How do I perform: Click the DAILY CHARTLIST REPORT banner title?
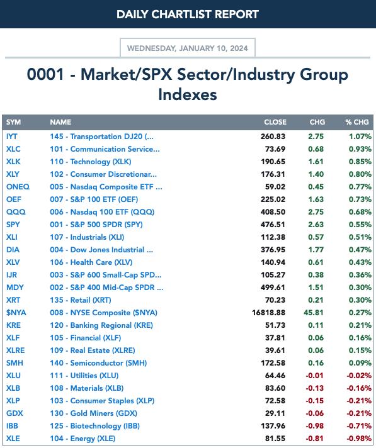188,14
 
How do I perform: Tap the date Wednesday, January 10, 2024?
188,48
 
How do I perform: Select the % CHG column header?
357,122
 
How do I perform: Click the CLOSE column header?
275,122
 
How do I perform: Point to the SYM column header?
13,122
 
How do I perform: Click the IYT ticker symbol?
12,137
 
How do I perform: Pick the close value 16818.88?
268,313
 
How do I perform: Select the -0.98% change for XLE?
359,439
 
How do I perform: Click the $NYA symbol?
16,313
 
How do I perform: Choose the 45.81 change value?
314,313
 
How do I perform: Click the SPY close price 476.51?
273,225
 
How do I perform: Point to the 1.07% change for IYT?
360,137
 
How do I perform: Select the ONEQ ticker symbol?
18,187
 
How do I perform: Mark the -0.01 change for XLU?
314,376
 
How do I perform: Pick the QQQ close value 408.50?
273,212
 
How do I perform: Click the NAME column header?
60,122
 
